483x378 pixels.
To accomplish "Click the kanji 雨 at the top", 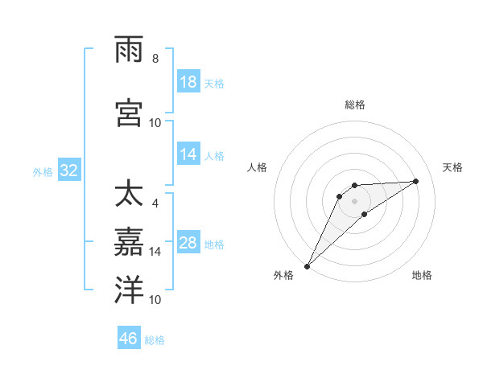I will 130,50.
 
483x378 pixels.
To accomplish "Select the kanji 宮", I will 130,113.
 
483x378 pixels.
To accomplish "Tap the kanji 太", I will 130,195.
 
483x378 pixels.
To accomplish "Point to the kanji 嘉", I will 130,241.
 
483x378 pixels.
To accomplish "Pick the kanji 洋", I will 130,290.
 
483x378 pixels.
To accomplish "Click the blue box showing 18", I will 188,82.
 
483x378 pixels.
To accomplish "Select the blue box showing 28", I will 188,243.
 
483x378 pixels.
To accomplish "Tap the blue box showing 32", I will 68,171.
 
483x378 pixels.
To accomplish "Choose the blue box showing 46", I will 129,339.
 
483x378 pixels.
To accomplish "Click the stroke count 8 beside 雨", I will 155,59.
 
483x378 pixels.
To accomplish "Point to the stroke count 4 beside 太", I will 155,203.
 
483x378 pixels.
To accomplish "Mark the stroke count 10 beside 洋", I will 155,299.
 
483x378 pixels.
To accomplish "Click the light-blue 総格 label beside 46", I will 155,340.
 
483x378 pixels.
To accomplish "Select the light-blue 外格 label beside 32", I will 43,172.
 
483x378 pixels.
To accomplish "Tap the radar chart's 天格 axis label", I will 453,167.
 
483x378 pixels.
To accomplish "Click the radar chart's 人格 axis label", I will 257,167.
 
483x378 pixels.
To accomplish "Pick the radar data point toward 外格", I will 307,266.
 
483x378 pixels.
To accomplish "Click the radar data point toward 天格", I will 416,181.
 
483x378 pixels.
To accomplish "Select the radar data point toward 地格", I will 365,214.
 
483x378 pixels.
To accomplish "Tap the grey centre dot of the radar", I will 355,200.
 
